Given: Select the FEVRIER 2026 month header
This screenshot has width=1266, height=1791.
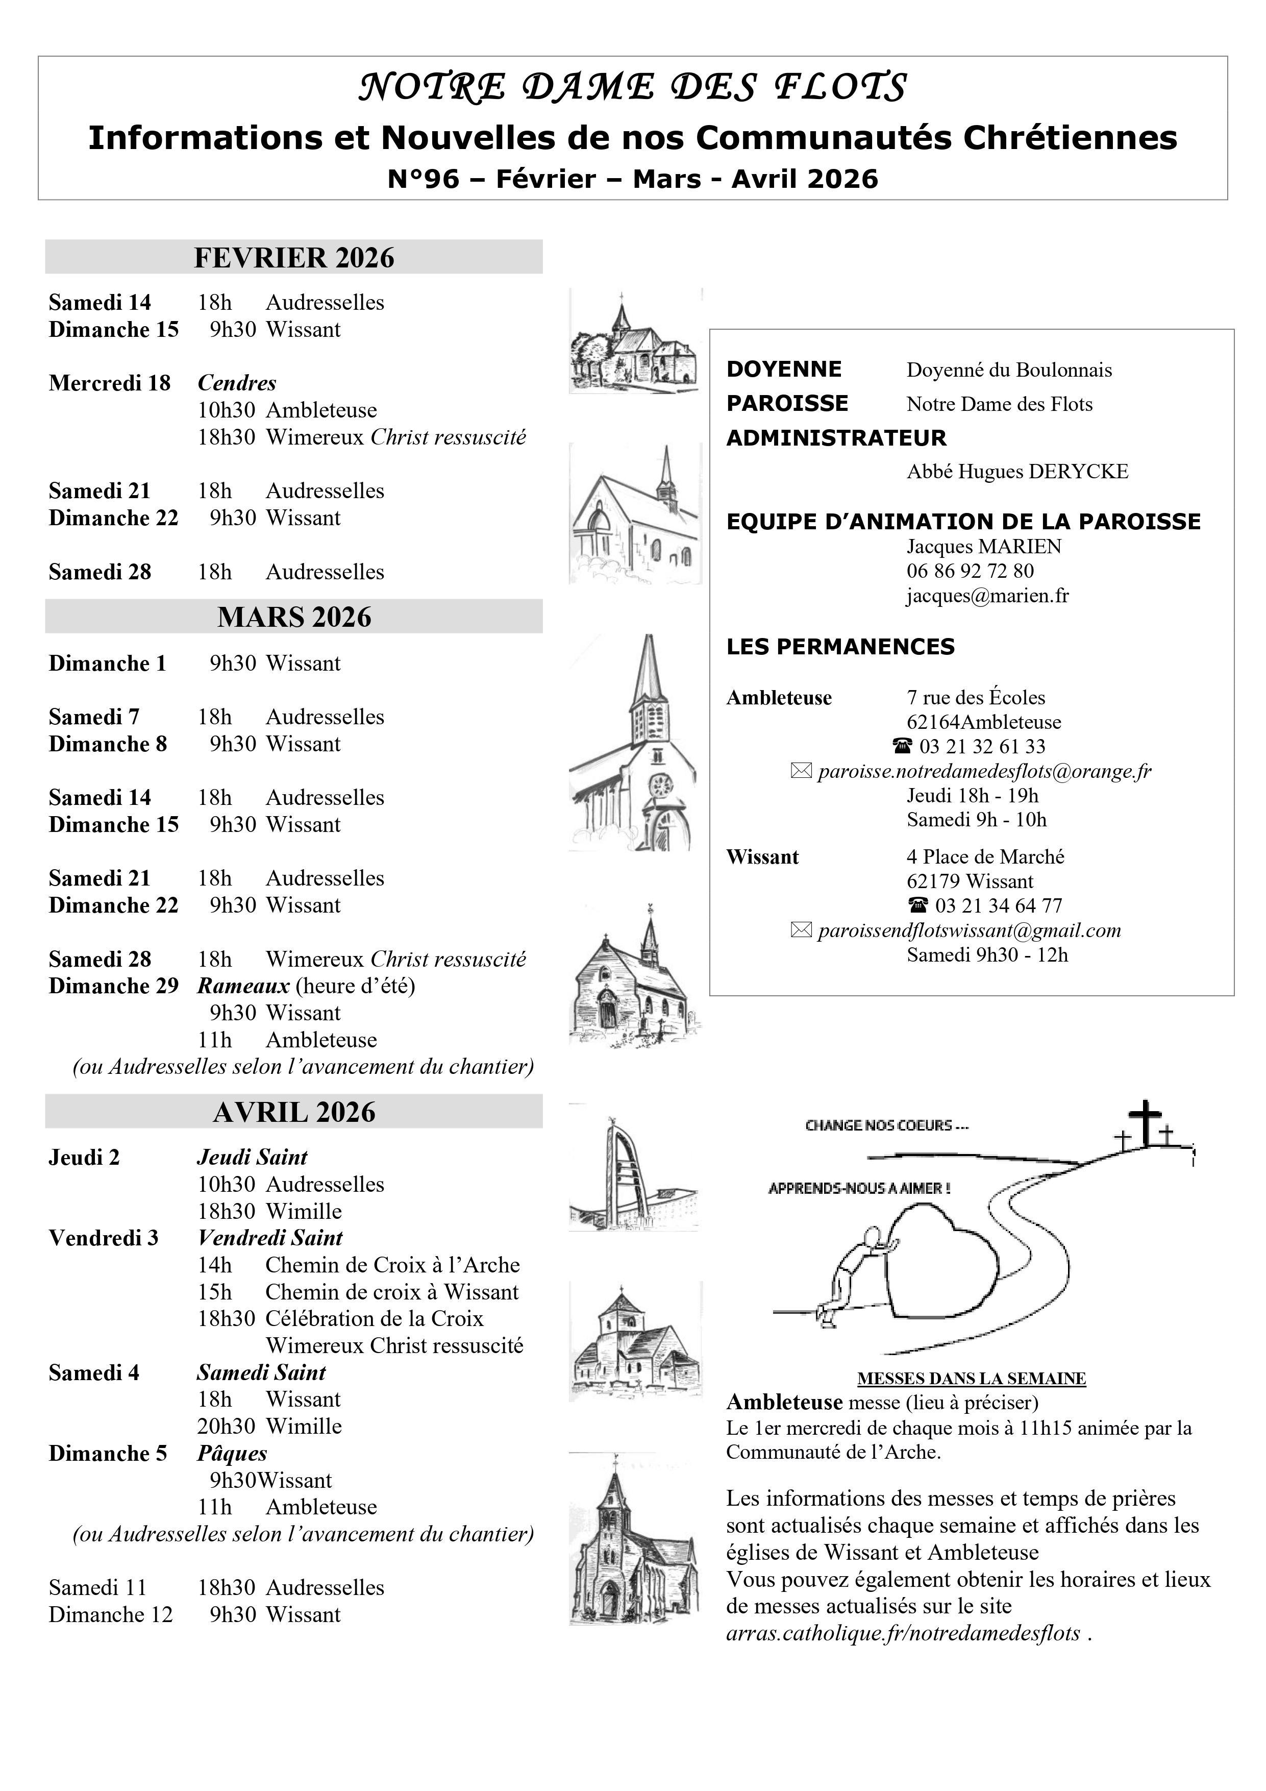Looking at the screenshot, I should click(x=294, y=257).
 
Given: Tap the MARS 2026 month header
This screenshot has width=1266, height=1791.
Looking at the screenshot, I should click(x=294, y=617).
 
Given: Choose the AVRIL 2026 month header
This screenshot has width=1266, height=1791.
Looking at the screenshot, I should click(x=294, y=1112).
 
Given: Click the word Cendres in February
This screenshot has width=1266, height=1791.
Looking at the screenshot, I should click(x=237, y=383).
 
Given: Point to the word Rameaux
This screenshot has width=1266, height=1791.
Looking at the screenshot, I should click(x=243, y=986).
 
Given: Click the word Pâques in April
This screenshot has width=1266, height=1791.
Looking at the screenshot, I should click(x=233, y=1453).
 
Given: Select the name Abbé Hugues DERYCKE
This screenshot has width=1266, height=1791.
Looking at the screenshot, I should click(x=1017, y=472).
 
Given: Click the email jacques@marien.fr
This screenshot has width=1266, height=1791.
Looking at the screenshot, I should click(x=987, y=596).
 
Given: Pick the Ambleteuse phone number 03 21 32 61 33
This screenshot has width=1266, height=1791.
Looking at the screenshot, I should click(x=982, y=747).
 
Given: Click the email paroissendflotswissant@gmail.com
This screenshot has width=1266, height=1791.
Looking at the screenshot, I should click(x=969, y=930).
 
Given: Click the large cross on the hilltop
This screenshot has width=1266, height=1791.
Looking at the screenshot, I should click(x=1145, y=1123).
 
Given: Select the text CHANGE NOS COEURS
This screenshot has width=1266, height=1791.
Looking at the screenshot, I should click(x=886, y=1125).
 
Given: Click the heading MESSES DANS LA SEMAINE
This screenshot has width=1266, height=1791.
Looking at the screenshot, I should click(x=971, y=1379).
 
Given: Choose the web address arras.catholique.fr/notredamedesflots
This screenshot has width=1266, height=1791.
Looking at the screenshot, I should click(x=903, y=1633).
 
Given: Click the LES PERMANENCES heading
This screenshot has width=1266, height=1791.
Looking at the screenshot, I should click(x=840, y=647).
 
